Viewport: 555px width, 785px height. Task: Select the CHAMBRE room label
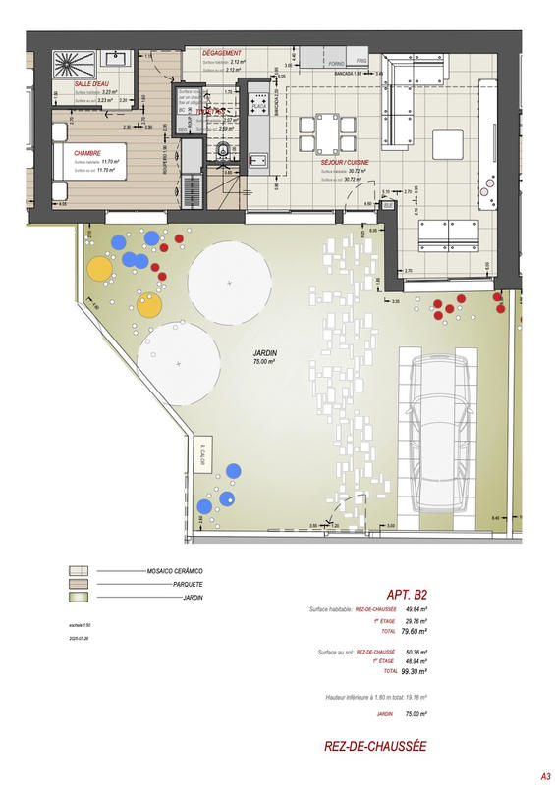pos(87,153)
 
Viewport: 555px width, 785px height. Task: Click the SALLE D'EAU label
pos(90,84)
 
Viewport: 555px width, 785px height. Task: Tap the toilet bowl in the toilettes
pos(223,150)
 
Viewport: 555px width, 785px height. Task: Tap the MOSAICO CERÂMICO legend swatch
pos(78,570)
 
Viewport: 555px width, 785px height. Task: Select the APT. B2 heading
pos(406,594)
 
